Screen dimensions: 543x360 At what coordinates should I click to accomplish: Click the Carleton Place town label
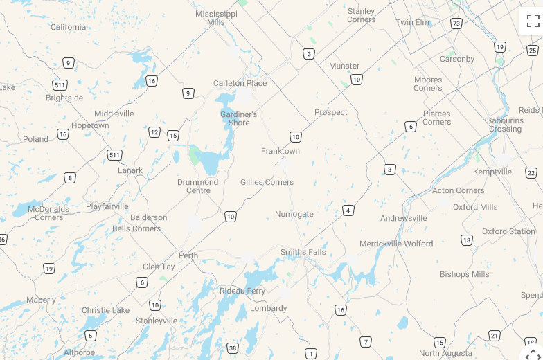(x=240, y=83)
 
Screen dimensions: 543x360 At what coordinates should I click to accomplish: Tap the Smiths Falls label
(x=303, y=252)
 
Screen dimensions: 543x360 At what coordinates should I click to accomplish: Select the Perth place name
(x=188, y=255)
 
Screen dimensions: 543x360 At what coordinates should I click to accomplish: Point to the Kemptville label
(x=492, y=172)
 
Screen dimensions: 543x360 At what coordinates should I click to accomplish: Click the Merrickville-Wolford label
(x=396, y=244)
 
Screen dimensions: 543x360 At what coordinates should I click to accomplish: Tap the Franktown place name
(x=281, y=151)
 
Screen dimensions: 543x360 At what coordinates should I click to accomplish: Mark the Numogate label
(x=294, y=214)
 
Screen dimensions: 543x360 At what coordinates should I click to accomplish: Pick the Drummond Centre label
(x=197, y=186)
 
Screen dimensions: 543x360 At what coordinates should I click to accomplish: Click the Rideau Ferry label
(x=242, y=291)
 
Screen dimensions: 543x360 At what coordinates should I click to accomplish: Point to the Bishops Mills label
(x=464, y=274)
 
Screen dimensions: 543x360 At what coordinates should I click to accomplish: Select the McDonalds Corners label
(x=48, y=213)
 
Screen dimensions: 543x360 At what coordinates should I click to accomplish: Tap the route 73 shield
(x=456, y=24)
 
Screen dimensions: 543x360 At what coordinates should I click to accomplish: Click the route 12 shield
(x=154, y=132)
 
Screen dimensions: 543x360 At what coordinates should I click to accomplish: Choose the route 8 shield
(x=70, y=178)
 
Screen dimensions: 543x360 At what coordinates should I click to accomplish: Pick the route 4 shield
(x=348, y=210)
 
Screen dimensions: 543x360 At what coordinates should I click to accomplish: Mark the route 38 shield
(x=233, y=348)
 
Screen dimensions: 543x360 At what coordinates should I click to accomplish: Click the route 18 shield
(x=467, y=240)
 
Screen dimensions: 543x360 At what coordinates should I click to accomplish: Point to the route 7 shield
(x=366, y=342)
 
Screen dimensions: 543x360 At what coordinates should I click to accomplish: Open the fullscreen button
(x=533, y=21)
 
